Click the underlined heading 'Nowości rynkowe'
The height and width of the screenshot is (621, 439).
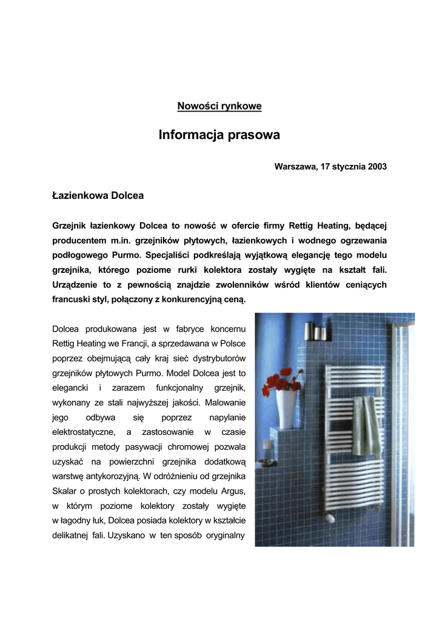tap(219, 106)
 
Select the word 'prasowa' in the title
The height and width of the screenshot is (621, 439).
tap(255, 135)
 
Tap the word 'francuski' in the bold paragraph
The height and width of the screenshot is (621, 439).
tap(72, 299)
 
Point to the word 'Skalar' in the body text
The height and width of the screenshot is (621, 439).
tap(65, 491)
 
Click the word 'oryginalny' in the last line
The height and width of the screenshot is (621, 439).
tap(224, 535)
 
